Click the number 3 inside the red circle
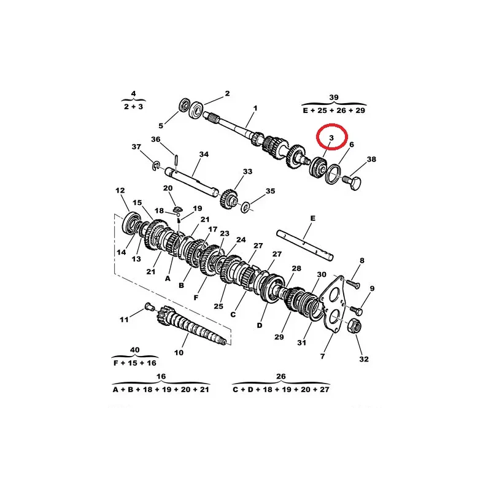pos(331,137)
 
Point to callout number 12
pos(120,190)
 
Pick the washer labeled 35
pos(245,207)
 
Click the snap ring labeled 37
pos(156,166)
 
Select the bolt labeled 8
pos(352,284)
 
